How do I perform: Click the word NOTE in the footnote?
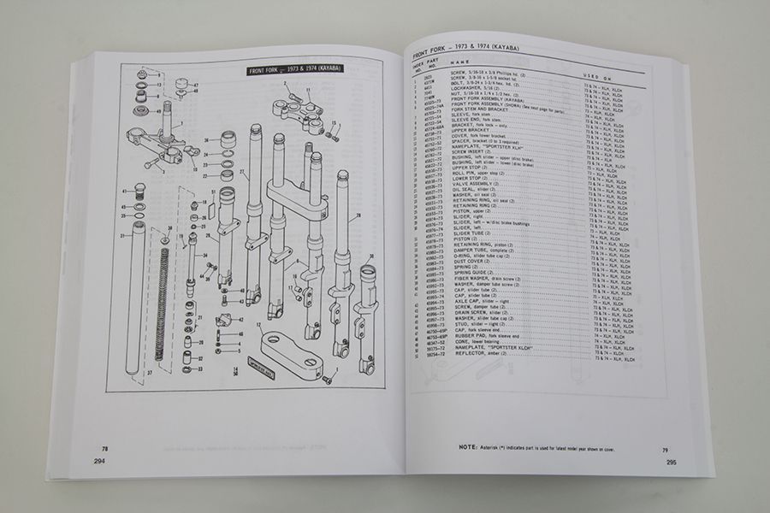pos(467,447)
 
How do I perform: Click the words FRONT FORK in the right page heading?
pos(437,46)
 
